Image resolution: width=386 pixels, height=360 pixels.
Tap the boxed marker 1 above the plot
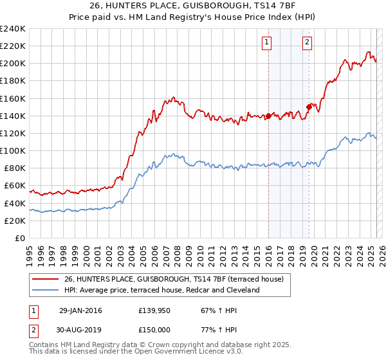(266, 43)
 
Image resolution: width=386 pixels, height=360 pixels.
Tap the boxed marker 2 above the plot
(308, 43)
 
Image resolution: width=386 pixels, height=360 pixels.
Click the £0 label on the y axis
(21, 238)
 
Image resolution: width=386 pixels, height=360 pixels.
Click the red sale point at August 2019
(309, 107)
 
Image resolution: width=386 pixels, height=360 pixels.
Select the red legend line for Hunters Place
(44, 279)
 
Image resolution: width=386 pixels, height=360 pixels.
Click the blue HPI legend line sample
(44, 290)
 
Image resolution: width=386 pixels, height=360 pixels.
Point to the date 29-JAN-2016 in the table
(80, 310)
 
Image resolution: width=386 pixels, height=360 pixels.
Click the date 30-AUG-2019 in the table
(80, 330)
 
